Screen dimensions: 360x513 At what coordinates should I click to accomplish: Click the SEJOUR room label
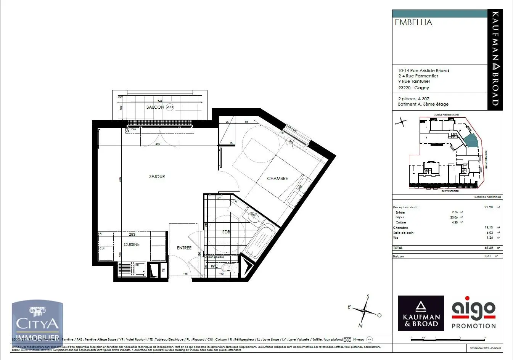coord(157,177)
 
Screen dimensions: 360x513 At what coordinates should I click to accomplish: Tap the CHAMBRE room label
coord(277,178)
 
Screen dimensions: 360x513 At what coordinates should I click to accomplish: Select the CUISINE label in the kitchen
coord(132,244)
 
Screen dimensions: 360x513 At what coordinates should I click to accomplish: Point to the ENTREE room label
coord(184,248)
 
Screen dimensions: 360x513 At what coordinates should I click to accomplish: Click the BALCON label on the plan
coord(155,107)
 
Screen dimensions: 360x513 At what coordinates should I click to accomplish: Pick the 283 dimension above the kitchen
coord(132,235)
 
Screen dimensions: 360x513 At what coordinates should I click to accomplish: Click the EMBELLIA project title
coord(413,22)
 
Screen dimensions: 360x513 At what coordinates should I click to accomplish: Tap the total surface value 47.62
coord(489,248)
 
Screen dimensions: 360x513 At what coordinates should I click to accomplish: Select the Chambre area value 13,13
coord(489,228)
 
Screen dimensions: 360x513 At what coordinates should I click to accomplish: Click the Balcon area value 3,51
coord(489,256)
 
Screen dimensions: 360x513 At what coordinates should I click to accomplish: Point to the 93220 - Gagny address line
coord(413,88)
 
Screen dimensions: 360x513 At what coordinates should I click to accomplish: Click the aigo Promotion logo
coord(473,313)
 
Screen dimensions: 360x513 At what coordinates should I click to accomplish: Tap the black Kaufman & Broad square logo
coord(421,313)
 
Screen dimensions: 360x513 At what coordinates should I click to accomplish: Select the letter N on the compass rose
coord(360,326)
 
